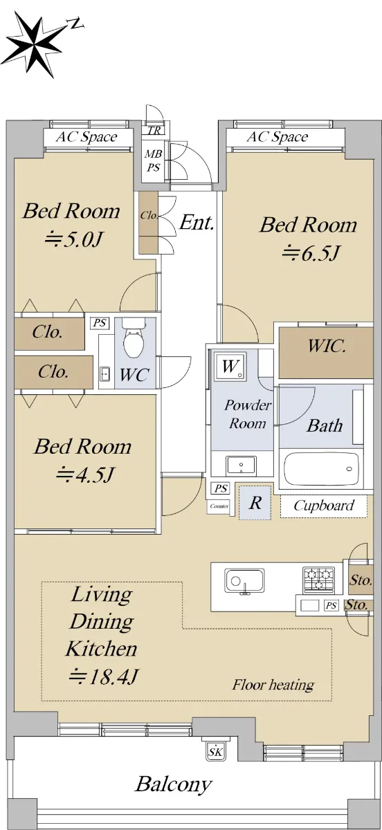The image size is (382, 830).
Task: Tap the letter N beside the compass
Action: pyautogui.click(x=76, y=24)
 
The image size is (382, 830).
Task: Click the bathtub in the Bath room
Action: pyautogui.click(x=321, y=468)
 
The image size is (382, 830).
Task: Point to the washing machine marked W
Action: pyautogui.click(x=230, y=367)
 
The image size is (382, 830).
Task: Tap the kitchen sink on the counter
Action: pyautogui.click(x=244, y=580)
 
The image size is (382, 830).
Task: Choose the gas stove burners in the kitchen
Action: pyautogui.click(x=318, y=579)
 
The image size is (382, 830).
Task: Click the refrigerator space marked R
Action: pyautogui.click(x=255, y=503)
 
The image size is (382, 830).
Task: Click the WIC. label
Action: pyautogui.click(x=327, y=346)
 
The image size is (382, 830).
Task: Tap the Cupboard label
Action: pyautogui.click(x=324, y=506)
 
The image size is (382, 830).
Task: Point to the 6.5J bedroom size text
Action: pyautogui.click(x=311, y=253)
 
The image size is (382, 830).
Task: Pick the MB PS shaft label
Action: pyautogui.click(x=153, y=160)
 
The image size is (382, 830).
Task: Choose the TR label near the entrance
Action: pyautogui.click(x=154, y=131)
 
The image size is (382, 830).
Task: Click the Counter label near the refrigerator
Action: pyautogui.click(x=219, y=506)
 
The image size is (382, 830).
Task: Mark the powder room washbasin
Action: pyautogui.click(x=241, y=465)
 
